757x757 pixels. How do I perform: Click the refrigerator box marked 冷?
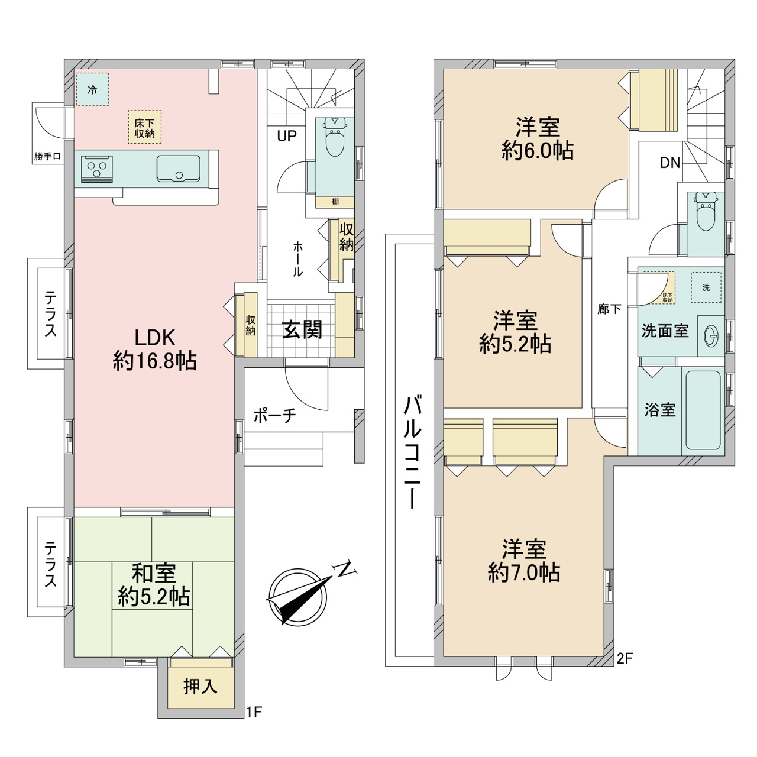click(x=92, y=89)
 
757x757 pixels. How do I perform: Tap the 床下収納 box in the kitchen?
click(x=144, y=127)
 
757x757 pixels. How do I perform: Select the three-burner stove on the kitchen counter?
click(x=96, y=169)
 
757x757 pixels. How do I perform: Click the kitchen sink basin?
click(x=179, y=169)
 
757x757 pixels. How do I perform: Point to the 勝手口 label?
click(x=47, y=157)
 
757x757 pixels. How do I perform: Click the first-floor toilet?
click(x=335, y=140)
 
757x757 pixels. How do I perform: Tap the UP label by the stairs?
click(x=287, y=136)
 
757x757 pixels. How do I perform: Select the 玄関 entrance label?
click(x=302, y=329)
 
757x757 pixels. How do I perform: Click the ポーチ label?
click(x=274, y=416)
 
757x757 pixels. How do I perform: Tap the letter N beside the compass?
click(x=345, y=570)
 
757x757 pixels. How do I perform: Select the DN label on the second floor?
click(x=670, y=163)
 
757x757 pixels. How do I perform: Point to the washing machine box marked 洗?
click(x=706, y=287)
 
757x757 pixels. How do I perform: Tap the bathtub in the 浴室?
click(x=703, y=410)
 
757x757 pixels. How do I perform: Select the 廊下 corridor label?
click(x=609, y=309)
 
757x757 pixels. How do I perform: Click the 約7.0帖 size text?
click(x=524, y=573)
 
